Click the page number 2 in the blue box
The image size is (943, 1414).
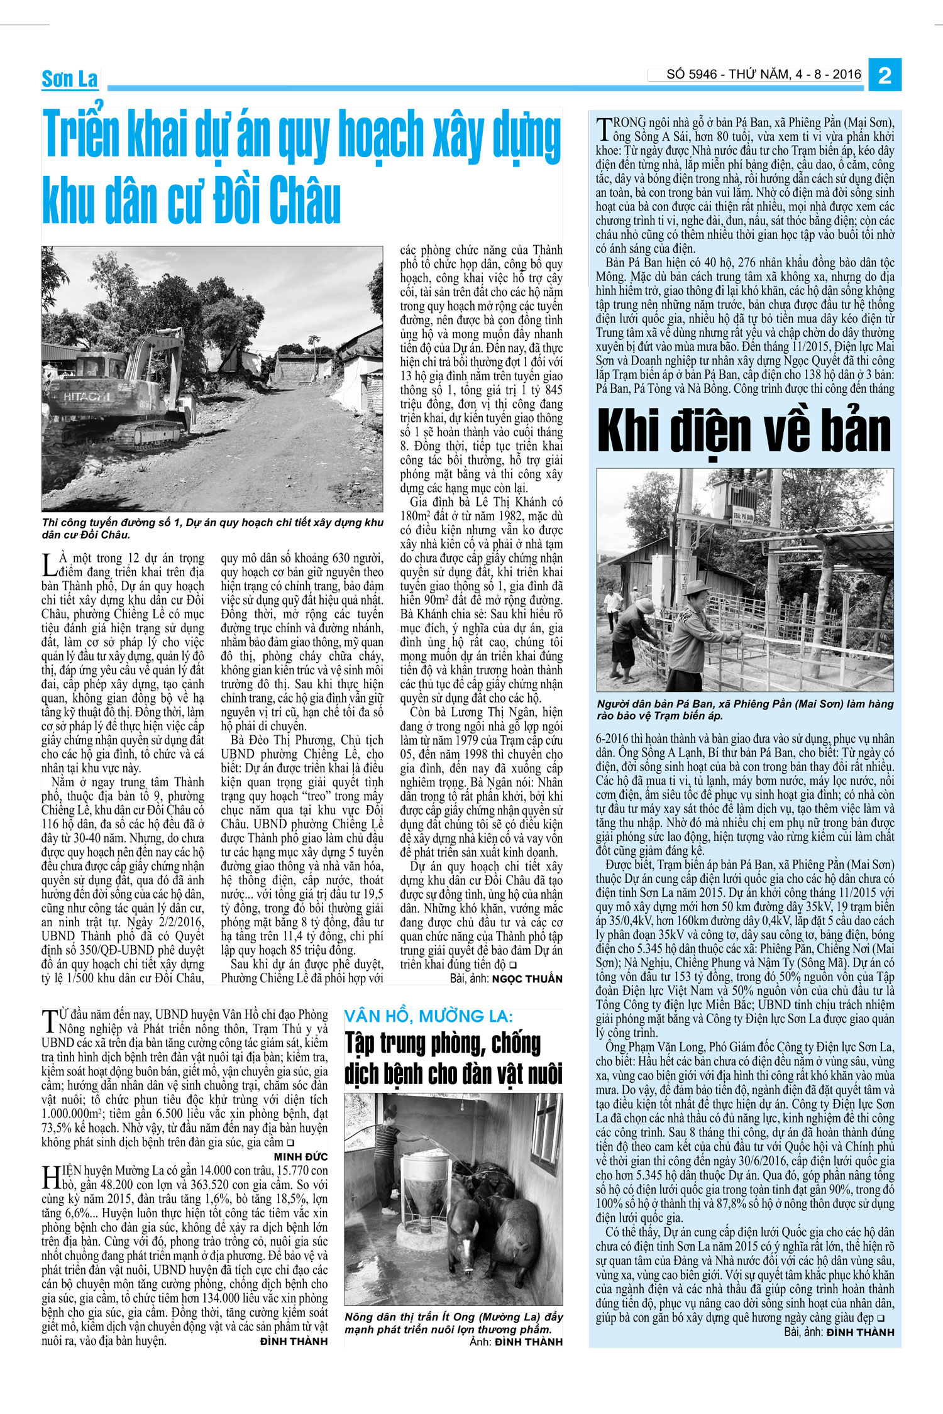click(885, 75)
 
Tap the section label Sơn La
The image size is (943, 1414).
click(70, 80)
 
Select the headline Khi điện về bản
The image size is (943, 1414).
click(744, 432)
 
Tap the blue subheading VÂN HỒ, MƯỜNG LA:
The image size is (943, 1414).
click(429, 1016)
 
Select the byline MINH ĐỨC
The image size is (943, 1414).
click(301, 1156)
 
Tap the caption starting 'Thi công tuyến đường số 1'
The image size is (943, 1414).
click(212, 528)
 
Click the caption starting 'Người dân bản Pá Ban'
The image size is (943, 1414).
click(744, 710)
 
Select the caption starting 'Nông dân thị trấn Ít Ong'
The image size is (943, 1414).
click(453, 1323)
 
